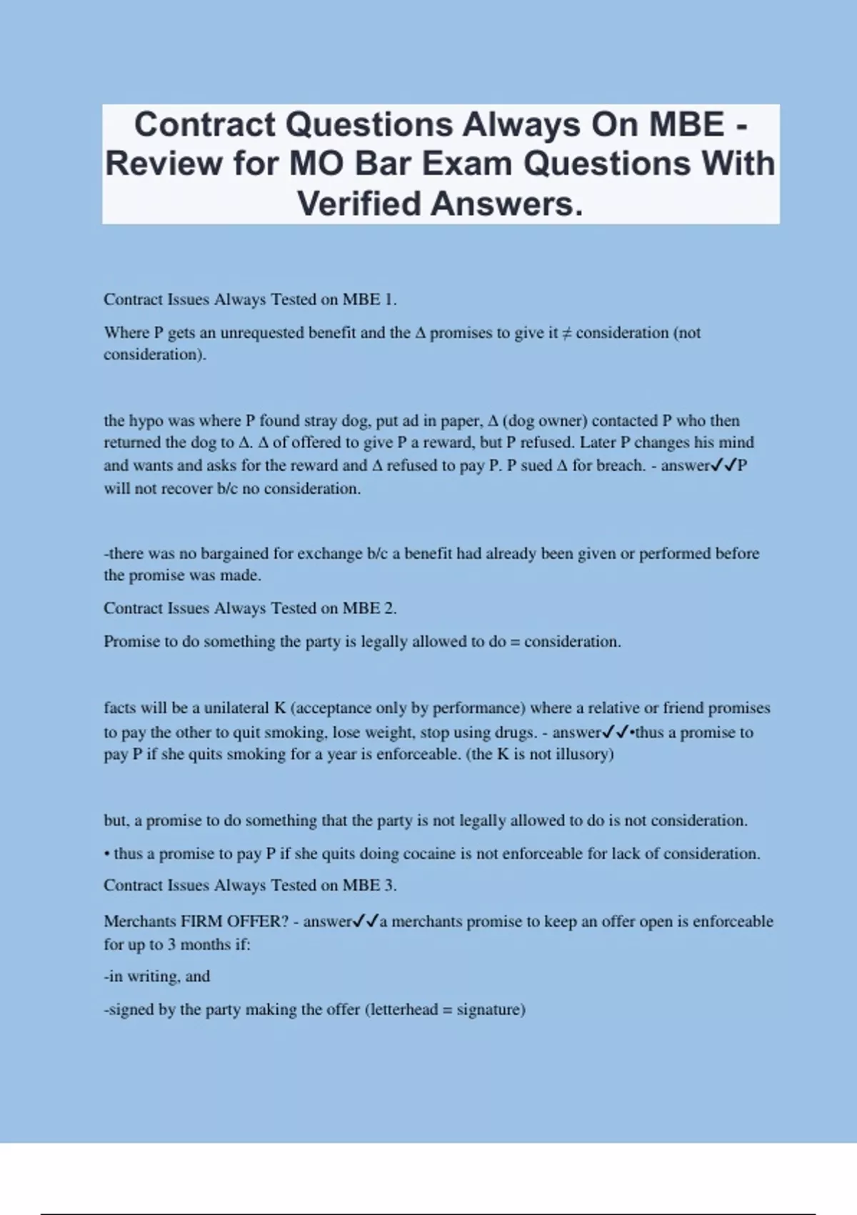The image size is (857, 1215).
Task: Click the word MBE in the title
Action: coord(686,125)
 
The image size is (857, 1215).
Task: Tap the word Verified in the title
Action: coord(360,204)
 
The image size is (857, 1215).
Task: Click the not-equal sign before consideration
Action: coord(567,333)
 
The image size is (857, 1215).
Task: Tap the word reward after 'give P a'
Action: coord(447,442)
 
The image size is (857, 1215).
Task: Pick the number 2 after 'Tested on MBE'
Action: coord(389,608)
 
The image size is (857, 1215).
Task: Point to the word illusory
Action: coord(583,754)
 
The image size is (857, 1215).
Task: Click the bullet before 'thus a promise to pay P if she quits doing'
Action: coord(106,853)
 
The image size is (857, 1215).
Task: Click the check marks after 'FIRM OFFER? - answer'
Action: coord(366,921)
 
